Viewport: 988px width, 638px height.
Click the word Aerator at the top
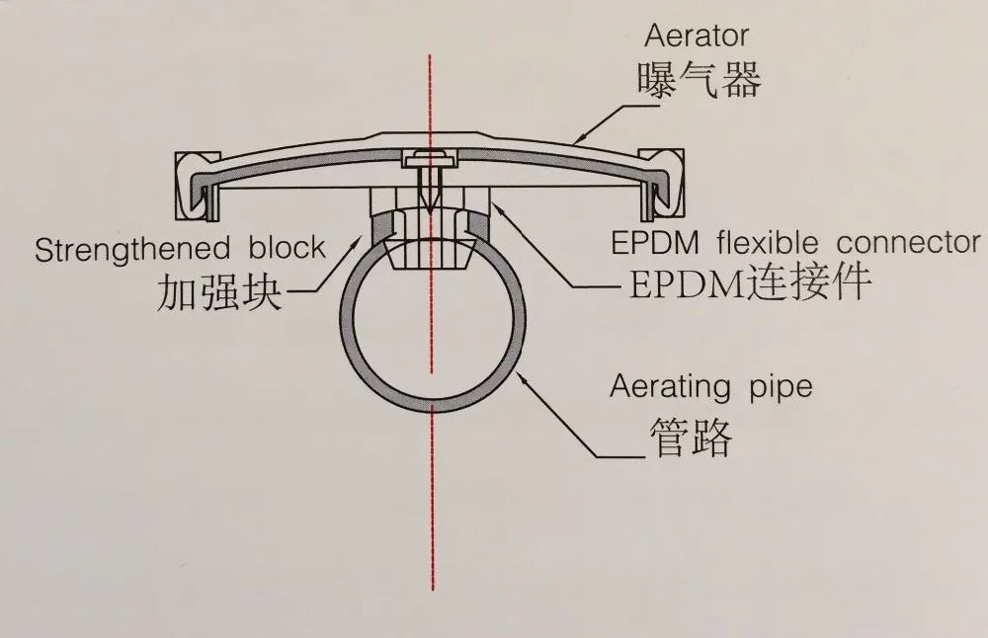pos(697,37)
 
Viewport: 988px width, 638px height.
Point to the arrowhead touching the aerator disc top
pos(573,144)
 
